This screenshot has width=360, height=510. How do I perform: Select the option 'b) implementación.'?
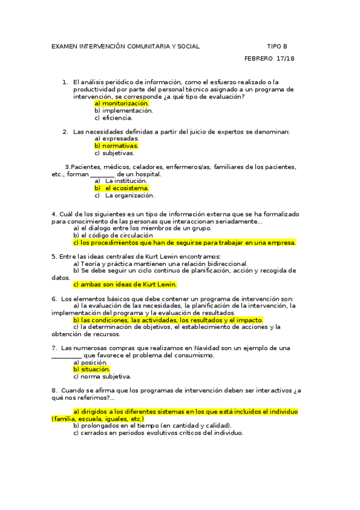click(x=123, y=111)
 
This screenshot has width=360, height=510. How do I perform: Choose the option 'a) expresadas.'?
click(x=117, y=138)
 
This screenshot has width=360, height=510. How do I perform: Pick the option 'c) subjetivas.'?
click(x=114, y=153)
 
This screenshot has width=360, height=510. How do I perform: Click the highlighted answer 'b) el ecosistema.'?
click(x=121, y=188)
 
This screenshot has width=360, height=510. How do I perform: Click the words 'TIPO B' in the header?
click(x=277, y=46)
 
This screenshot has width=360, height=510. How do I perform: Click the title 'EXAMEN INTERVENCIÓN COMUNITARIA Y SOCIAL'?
click(x=126, y=46)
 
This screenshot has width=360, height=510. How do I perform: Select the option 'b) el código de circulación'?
click(x=113, y=236)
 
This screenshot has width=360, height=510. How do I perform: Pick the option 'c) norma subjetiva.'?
click(x=102, y=376)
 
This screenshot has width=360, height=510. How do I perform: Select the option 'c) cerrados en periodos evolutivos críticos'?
click(x=157, y=432)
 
